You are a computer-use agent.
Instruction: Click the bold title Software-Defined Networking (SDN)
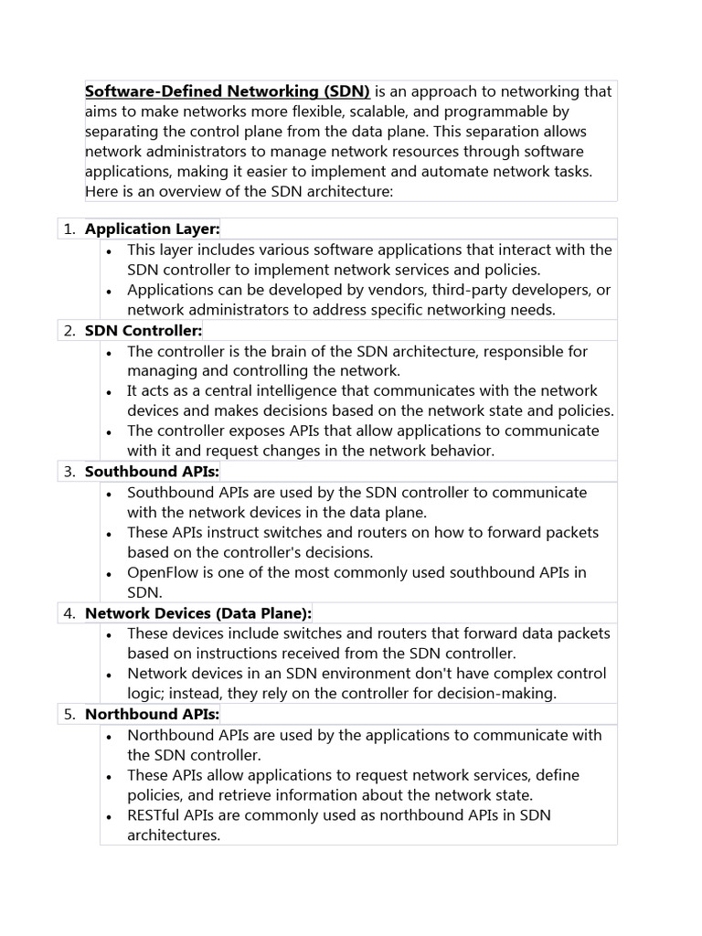[228, 91]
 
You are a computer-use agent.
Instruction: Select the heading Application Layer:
[153, 229]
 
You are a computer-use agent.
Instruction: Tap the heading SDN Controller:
[144, 330]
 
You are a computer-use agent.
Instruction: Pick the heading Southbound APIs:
[152, 472]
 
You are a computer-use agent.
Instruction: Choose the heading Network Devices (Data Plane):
[198, 612]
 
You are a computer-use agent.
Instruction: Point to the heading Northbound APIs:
[152, 714]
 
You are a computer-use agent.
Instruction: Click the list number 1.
[69, 229]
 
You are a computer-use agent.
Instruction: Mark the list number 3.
[69, 472]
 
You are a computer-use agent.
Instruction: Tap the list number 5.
[69, 714]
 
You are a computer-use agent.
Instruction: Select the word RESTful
[156, 815]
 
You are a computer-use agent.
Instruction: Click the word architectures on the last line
[174, 835]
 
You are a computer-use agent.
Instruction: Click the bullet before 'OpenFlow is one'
[108, 574]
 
